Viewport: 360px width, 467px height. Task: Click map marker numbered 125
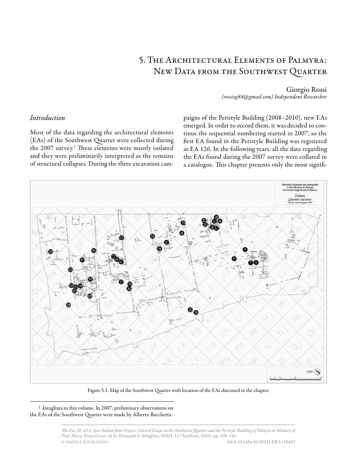(51, 252)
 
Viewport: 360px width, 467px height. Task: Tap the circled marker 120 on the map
(68, 305)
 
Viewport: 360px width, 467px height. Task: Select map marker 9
(245, 250)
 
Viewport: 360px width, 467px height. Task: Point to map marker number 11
(234, 259)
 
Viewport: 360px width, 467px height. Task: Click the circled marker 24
(196, 313)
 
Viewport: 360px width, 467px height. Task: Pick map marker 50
(153, 236)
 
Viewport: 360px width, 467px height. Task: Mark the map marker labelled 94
(94, 251)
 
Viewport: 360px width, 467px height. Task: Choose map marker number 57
(121, 282)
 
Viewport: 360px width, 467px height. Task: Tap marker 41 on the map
(182, 233)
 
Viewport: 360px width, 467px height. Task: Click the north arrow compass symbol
(317, 372)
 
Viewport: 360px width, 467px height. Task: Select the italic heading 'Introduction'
(47, 118)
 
